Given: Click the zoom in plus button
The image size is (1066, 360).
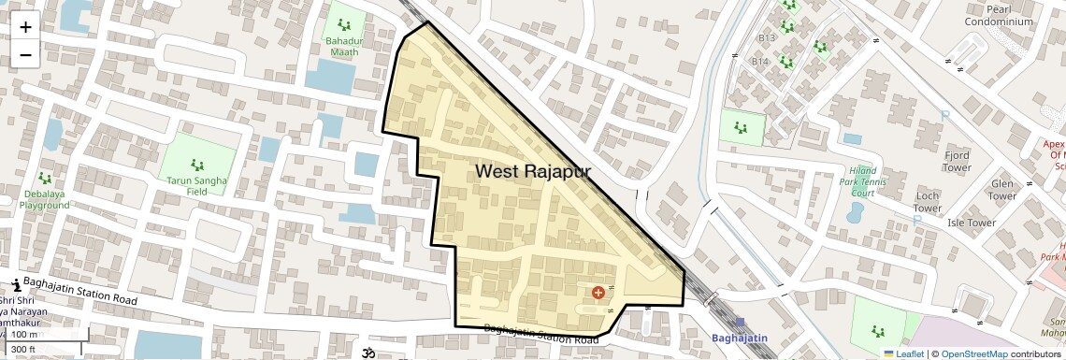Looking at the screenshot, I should click(x=25, y=26).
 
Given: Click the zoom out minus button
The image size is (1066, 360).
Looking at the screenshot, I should click(x=25, y=55).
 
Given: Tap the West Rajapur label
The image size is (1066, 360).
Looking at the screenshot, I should click(x=533, y=171).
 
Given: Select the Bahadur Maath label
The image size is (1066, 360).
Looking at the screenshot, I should click(x=344, y=47).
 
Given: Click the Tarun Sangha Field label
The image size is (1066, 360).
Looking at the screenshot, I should click(x=198, y=183).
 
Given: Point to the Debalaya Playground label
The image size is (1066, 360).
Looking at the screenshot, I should click(x=44, y=198).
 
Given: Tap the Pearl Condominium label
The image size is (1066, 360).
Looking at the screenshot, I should click(x=999, y=15).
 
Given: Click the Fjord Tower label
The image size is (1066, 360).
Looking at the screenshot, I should click(x=957, y=161).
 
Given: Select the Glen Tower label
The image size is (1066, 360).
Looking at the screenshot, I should click(x=1001, y=190).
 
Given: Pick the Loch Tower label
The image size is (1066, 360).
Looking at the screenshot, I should click(x=927, y=202).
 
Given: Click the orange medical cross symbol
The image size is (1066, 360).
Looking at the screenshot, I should click(x=598, y=293).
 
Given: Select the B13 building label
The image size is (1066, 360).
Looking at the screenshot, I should click(x=767, y=37).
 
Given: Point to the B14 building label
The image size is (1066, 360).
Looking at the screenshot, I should click(x=759, y=62).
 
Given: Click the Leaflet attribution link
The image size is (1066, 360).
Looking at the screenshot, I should click(x=903, y=353).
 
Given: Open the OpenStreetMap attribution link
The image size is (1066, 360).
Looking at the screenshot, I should click(x=974, y=353).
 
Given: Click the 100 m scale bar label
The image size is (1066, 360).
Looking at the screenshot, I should click(x=25, y=335).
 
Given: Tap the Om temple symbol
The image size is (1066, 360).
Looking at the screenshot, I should click(x=366, y=353).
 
